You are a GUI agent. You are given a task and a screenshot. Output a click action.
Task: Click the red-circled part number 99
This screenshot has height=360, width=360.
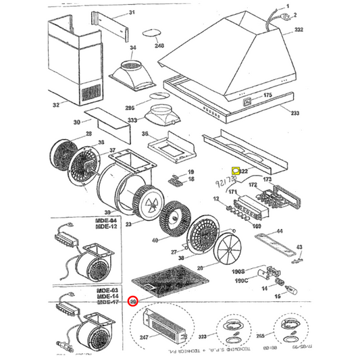coord(134,301)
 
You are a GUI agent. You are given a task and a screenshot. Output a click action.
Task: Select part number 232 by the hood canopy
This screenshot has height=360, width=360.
coord(299,30)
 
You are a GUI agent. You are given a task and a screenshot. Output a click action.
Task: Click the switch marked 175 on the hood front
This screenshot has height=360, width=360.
coord(248,103)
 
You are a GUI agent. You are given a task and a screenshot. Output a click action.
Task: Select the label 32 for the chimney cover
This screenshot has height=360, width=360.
coord(56,105)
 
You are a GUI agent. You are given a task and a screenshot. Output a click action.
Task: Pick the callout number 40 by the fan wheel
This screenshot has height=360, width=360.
coord(155,240)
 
